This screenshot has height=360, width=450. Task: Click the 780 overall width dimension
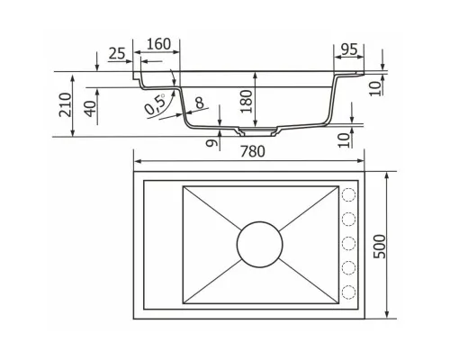pyautogui.click(x=253, y=151)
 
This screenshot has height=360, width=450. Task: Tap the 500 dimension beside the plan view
pyautogui.click(x=380, y=247)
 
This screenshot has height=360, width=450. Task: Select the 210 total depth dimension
pyautogui.click(x=65, y=104)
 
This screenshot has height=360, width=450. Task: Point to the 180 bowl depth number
pyautogui.click(x=247, y=101)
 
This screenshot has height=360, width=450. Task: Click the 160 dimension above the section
pyautogui.click(x=158, y=44)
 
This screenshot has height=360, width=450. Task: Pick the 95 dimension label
pyautogui.click(x=349, y=49)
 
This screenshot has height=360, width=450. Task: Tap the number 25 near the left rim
pyautogui.click(x=117, y=53)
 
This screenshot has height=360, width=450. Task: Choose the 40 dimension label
pyautogui.click(x=91, y=109)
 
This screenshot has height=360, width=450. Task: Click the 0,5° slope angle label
pyautogui.click(x=155, y=103)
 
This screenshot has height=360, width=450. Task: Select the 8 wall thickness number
pyautogui.click(x=199, y=103)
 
